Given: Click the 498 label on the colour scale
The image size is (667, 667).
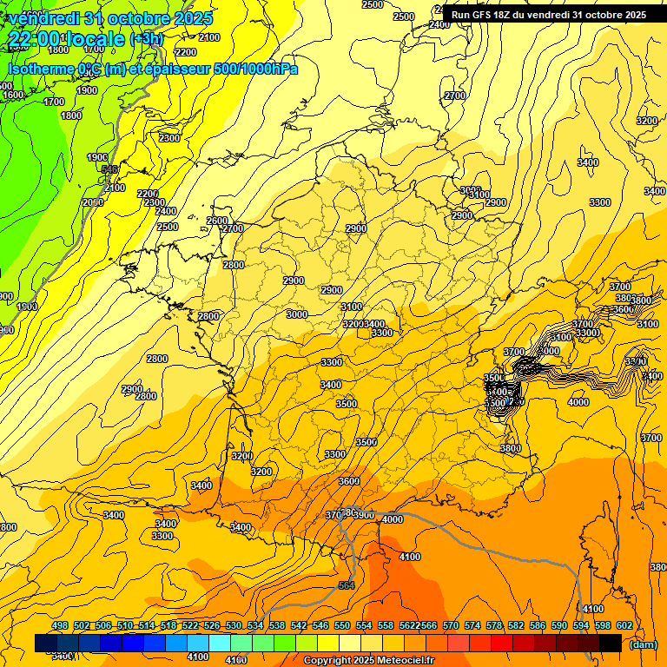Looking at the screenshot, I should point(60,625).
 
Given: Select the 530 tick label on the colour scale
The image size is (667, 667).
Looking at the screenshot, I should point(234,625).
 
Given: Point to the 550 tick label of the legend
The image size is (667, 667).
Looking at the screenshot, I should point(342,625).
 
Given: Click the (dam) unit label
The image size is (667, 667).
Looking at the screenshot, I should point(643,644).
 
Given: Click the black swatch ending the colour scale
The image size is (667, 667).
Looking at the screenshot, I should point(611,643).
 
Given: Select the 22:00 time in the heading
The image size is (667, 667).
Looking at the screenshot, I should point(33,39).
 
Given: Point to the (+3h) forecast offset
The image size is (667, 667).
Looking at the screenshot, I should point(145,39).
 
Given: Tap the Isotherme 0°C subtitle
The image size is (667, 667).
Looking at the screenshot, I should point(52,69).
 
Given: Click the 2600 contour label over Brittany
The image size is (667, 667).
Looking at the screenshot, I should point(216,221).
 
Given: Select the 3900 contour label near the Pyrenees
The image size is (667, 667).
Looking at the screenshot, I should point(364,515).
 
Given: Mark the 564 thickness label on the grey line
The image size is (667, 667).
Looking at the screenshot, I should point(346,585).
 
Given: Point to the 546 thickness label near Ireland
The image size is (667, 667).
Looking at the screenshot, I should point(109,169).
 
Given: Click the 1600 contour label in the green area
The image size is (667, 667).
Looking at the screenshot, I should point(13,95).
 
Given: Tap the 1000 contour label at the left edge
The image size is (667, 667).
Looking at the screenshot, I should point(26,307).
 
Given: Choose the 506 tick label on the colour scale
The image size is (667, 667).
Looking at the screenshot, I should point(103,625).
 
